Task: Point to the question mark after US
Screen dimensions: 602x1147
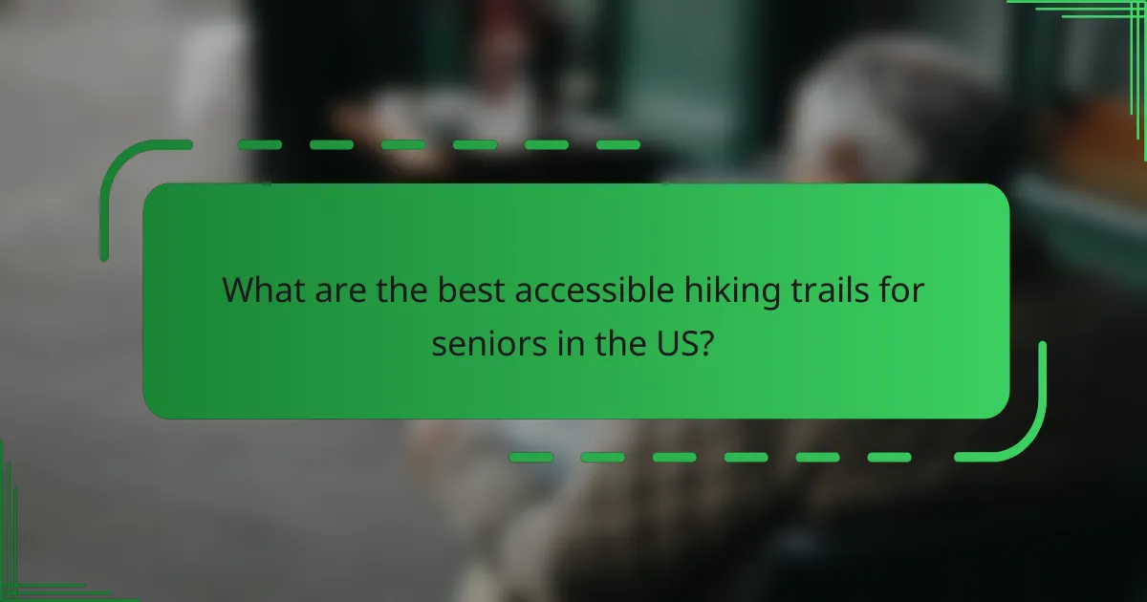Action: (x=705, y=344)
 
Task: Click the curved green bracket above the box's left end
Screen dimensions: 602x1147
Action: (x=124, y=172)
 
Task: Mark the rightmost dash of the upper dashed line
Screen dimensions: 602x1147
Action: (x=618, y=145)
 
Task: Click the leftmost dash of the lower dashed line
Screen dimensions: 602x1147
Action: (x=530, y=458)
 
